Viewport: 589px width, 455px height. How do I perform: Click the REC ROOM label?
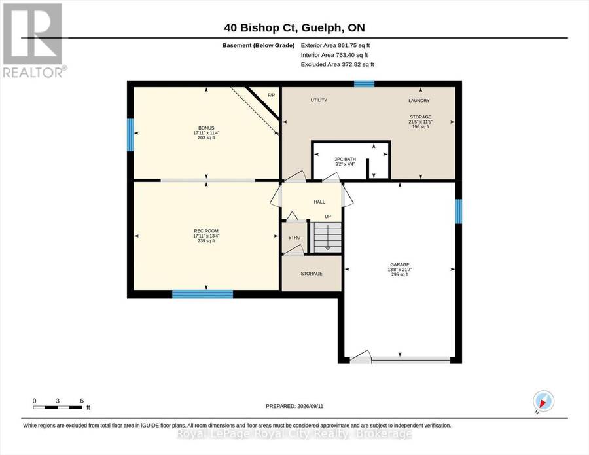tap(206, 231)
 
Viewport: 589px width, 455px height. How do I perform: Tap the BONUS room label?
tap(206, 128)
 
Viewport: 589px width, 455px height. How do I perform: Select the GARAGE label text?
tap(400, 264)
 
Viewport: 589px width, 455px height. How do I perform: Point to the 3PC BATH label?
tap(345, 159)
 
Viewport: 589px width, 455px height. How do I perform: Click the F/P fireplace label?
tap(271, 95)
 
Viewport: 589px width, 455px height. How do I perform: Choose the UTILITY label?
tap(319, 100)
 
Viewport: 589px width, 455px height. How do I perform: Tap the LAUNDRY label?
tap(419, 101)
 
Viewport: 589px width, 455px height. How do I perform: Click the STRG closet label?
tap(294, 238)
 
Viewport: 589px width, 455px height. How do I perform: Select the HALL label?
tap(319, 202)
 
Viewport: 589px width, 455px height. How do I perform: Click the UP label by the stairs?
tap(328, 217)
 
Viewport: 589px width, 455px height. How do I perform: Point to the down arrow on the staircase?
tap(328, 238)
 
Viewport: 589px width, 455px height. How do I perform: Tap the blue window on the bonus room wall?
tap(130, 134)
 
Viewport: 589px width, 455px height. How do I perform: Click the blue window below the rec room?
tap(203, 294)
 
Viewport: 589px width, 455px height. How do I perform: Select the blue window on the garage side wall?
tap(459, 211)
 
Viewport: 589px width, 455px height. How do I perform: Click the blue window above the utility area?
tap(365, 84)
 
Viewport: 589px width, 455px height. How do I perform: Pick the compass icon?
tap(543, 401)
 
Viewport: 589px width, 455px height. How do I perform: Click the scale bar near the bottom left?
tap(58, 407)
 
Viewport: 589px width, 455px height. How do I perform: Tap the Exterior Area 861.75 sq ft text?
tap(336, 45)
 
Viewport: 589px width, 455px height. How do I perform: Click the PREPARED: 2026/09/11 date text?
tap(294, 406)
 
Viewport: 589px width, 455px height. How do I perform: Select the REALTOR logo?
tap(33, 41)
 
